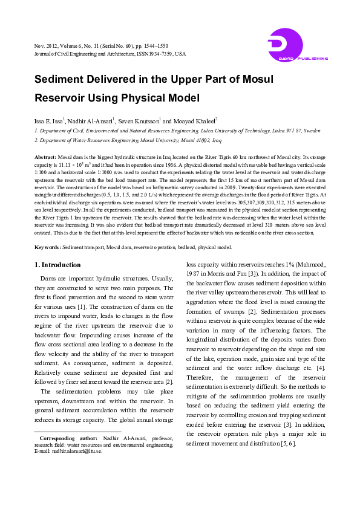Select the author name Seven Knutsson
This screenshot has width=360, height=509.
click(x=140, y=121)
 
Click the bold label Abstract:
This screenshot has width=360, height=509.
click(x=45, y=157)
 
